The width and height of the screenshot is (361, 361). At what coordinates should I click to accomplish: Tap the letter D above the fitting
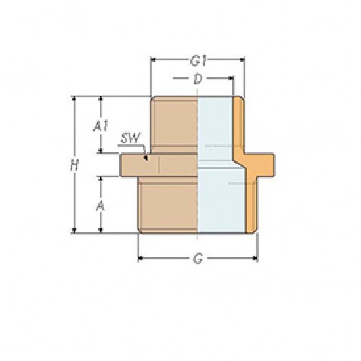(x=198, y=79)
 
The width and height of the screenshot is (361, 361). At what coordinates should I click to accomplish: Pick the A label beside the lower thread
(x=100, y=205)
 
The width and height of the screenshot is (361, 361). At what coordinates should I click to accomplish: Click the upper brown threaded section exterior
(x=174, y=125)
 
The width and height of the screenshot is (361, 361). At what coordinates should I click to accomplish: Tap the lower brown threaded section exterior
(x=167, y=203)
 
